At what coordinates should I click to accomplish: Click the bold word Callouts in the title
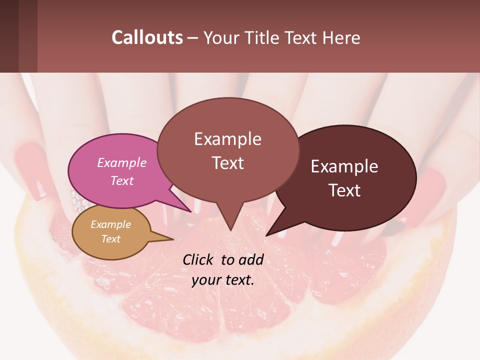pyautogui.click(x=147, y=37)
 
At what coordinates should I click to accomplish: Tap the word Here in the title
pyautogui.click(x=340, y=37)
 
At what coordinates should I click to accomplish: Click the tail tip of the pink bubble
pyautogui.click(x=190, y=211)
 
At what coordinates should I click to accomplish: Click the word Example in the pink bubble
pyautogui.click(x=121, y=162)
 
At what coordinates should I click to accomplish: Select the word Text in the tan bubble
pyautogui.click(x=111, y=239)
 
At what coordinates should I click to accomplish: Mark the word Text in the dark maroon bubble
pyautogui.click(x=344, y=190)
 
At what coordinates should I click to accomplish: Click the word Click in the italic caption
pyautogui.click(x=197, y=259)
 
